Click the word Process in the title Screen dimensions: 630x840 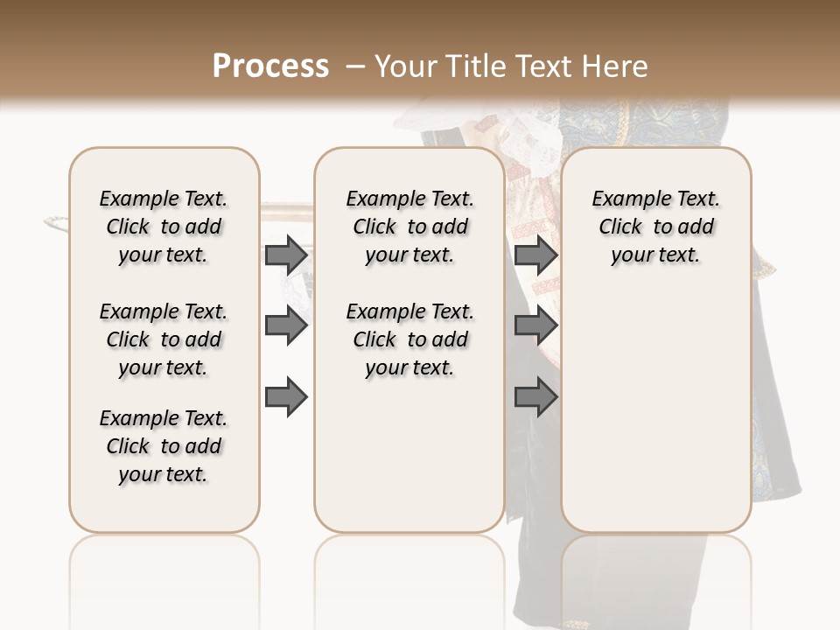(270, 66)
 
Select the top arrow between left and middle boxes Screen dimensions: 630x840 (286, 255)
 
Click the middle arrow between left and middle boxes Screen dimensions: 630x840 (286, 326)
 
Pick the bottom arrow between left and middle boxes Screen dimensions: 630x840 (286, 397)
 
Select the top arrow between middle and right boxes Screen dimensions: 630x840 (535, 255)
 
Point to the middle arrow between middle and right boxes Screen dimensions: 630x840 (535, 326)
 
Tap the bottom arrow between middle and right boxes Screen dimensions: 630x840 (535, 397)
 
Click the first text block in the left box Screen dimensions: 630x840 (164, 227)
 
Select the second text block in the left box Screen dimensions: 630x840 (164, 339)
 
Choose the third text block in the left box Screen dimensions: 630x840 (164, 446)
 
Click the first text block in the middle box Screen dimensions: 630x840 (409, 227)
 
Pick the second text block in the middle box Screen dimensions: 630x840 (409, 339)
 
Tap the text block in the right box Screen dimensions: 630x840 (656, 227)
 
